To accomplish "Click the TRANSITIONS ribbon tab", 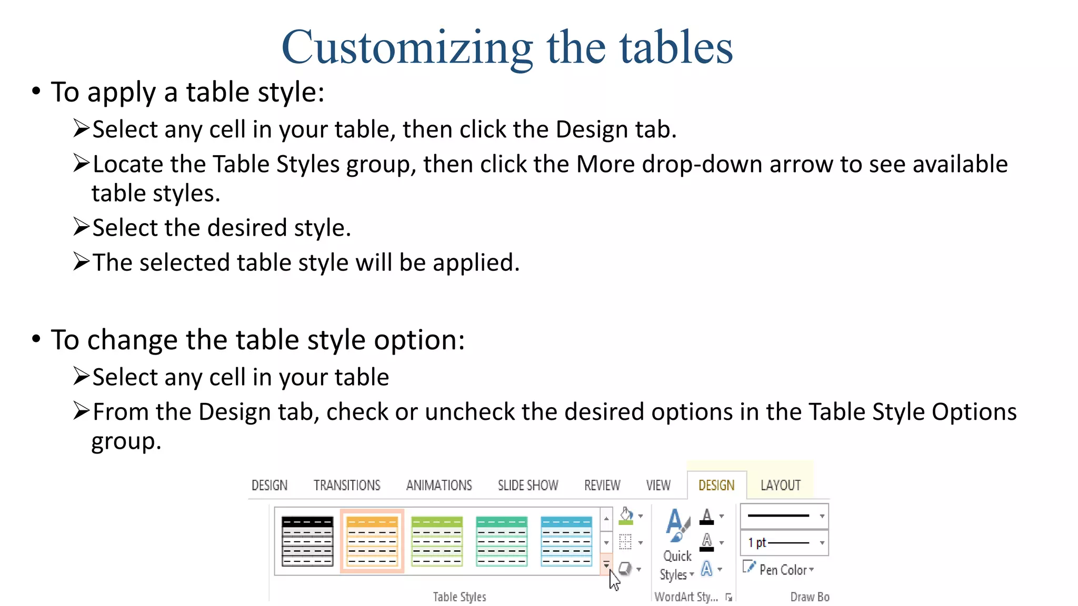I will point(347,485).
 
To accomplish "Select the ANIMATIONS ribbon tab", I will point(439,485).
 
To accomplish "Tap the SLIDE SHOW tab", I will point(528,485).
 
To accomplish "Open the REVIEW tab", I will point(602,485).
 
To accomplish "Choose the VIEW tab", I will point(658,485).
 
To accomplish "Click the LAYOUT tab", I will point(780,485).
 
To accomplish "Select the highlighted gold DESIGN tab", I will point(716,485).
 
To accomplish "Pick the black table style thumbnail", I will point(307,541).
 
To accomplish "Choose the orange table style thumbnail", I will point(372,541).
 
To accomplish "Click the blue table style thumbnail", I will point(566,541).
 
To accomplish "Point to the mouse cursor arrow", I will point(614,580).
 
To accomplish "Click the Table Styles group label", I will point(460,597).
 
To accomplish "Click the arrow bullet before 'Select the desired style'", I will point(81,227).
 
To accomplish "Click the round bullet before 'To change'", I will point(36,339).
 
